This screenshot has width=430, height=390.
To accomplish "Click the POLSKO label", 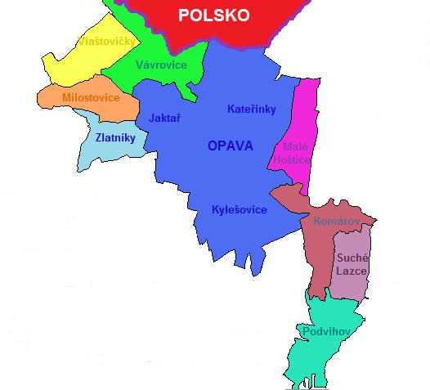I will pyautogui.click(x=214, y=16).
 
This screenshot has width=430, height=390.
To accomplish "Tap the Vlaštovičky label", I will pyautogui.click(x=106, y=41).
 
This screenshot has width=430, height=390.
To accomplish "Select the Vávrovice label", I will pyautogui.click(x=161, y=65).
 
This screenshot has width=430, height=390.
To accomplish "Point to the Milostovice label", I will pyautogui.click(x=91, y=98).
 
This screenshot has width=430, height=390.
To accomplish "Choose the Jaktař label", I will pyautogui.click(x=165, y=118).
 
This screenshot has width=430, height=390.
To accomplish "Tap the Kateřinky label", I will pyautogui.click(x=251, y=110).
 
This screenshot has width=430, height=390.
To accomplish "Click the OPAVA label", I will pyautogui.click(x=231, y=146).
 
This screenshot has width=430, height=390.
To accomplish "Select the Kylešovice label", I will pyautogui.click(x=239, y=210).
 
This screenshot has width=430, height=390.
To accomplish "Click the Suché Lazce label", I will pyautogui.click(x=352, y=263).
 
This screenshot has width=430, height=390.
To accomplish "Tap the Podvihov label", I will pyautogui.click(x=326, y=331).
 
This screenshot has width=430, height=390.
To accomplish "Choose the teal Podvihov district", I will pyautogui.click(x=315, y=356).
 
